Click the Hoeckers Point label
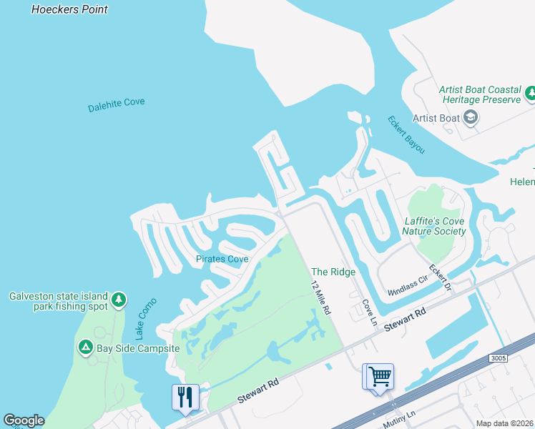click(70, 9)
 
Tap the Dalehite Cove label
click(116, 105)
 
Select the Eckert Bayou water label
click(406, 134)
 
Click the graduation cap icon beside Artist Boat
click(470, 118)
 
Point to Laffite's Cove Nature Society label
click(434, 226)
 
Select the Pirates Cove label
click(222, 259)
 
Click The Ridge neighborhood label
click(333, 272)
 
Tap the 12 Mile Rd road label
click(320, 299)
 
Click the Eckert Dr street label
click(440, 278)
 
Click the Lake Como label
click(146, 319)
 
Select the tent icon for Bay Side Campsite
click(85, 347)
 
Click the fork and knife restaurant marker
click(185, 397)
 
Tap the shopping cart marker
click(378, 375)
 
